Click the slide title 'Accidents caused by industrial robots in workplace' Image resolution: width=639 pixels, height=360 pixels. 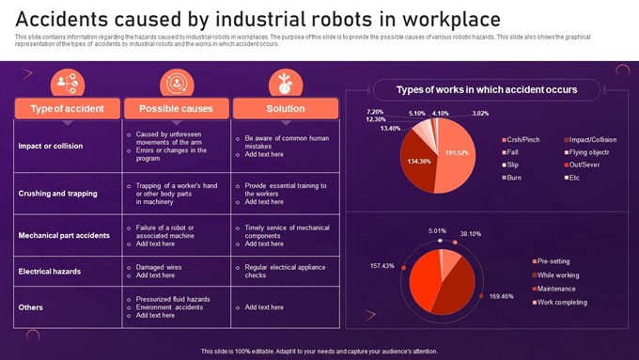click(257, 19)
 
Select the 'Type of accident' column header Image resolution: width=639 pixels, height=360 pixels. click(66, 108)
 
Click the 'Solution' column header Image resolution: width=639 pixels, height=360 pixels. click(285, 108)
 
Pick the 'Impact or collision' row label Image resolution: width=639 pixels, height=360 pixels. click(51, 146)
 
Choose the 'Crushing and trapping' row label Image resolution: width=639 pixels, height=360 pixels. click(57, 194)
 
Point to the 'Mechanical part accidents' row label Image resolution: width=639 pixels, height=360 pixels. click(65, 235)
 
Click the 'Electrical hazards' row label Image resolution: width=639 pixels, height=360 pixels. click(50, 271)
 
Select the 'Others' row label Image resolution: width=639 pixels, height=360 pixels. click(31, 306)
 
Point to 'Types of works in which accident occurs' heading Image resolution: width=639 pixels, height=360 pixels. click(486, 90)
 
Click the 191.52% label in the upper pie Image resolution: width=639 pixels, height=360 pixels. click(457, 152)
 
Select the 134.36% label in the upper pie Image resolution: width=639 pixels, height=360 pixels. click(419, 161)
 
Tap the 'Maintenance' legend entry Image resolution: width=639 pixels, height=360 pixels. click(557, 289)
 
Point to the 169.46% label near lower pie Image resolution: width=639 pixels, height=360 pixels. click(502, 296)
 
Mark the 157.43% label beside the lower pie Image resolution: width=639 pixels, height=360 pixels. click(382, 266)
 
